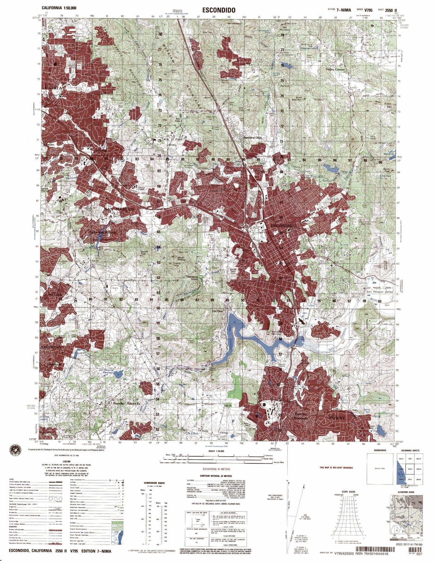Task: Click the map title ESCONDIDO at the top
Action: [217, 10]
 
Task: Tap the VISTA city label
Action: [55, 88]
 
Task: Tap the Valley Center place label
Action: [335, 69]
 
